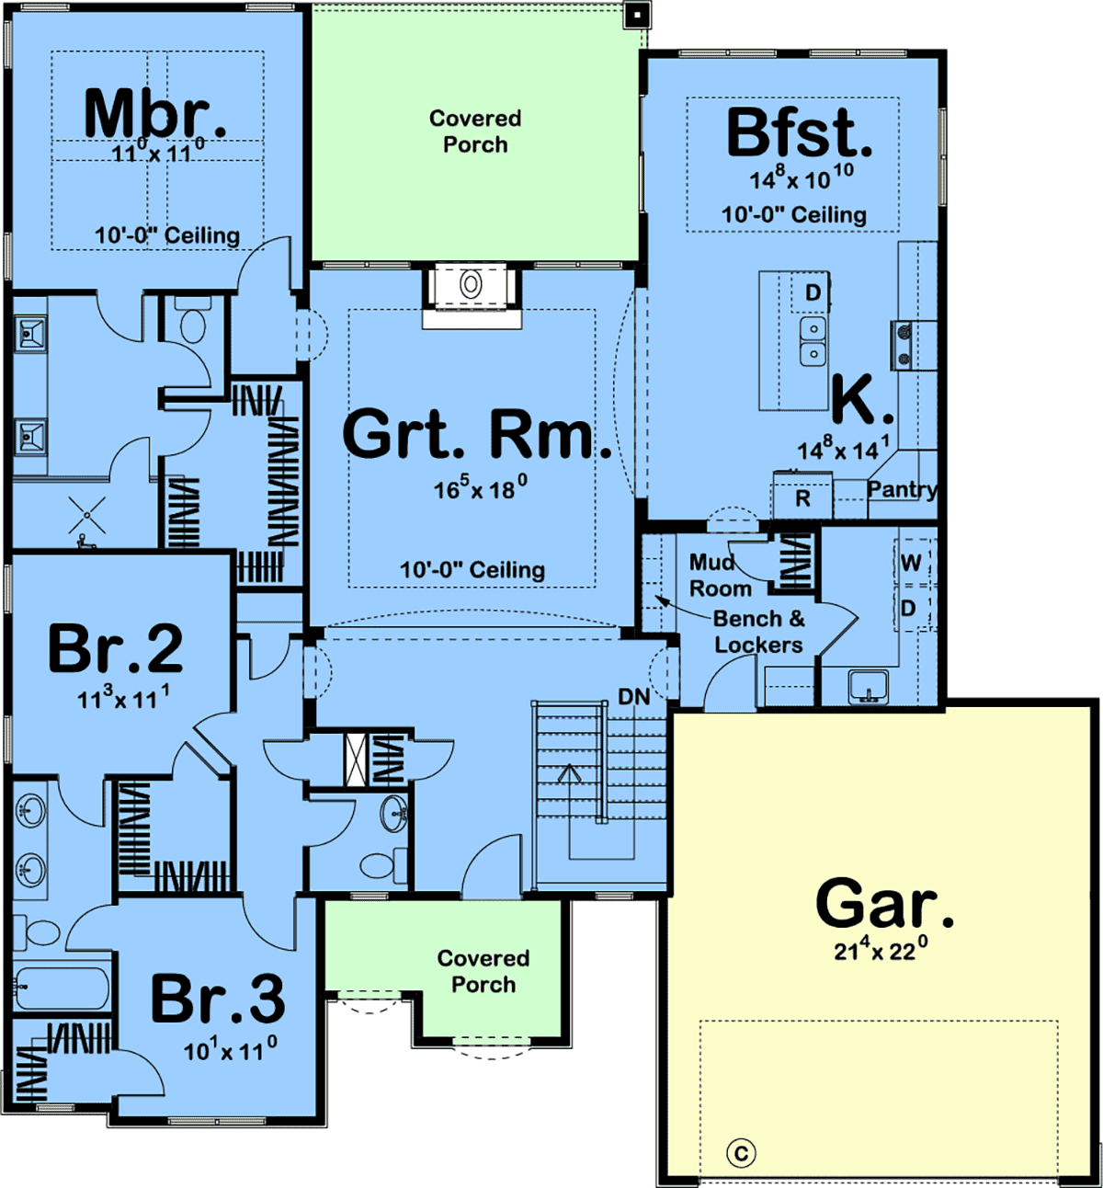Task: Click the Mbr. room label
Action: (x=155, y=114)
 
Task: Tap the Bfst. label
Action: (x=799, y=132)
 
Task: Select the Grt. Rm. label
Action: (x=477, y=434)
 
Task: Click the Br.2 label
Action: (x=115, y=648)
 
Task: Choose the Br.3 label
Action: (x=218, y=999)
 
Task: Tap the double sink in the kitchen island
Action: (x=813, y=341)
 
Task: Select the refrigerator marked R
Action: (x=802, y=495)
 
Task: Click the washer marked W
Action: (x=911, y=563)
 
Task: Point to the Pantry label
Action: (x=902, y=489)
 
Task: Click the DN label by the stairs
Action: (x=634, y=696)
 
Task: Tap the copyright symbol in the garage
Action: (x=741, y=1153)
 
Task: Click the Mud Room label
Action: (x=721, y=576)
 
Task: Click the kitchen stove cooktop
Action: (x=904, y=346)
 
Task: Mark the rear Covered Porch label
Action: (x=475, y=131)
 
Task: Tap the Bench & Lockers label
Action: (x=758, y=632)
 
